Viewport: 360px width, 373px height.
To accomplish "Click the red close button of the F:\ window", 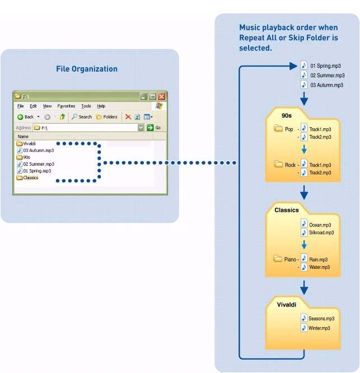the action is [162, 96].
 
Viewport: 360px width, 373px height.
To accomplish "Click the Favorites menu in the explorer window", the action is [66, 106].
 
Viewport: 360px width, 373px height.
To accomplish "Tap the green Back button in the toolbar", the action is [25, 117].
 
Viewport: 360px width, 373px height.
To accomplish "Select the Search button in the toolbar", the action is [82, 117].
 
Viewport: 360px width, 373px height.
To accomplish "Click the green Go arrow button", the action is [150, 128].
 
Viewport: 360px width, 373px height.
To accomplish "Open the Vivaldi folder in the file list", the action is [26, 143].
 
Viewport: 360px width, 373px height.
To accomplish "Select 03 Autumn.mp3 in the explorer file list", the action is [36, 150].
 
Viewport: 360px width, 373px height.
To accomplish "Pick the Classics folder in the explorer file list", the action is [27, 178].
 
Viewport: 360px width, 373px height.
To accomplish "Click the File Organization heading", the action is [87, 69].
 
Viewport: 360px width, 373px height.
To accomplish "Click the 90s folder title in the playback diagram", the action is [287, 115].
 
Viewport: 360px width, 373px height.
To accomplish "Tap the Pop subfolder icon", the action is [278, 128].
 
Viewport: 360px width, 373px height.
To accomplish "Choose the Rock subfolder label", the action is [290, 165].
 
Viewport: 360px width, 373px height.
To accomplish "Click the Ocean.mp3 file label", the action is [320, 225].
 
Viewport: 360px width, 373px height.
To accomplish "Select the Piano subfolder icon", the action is [278, 258].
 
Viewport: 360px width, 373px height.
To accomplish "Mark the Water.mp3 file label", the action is [319, 267].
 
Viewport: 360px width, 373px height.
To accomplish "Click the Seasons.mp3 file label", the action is [321, 319].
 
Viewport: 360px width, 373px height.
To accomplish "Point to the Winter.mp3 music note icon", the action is [304, 328].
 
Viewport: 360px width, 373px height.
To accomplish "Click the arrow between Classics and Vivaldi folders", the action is [304, 288].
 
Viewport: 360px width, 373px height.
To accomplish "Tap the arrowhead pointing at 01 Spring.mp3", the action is [293, 66].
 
